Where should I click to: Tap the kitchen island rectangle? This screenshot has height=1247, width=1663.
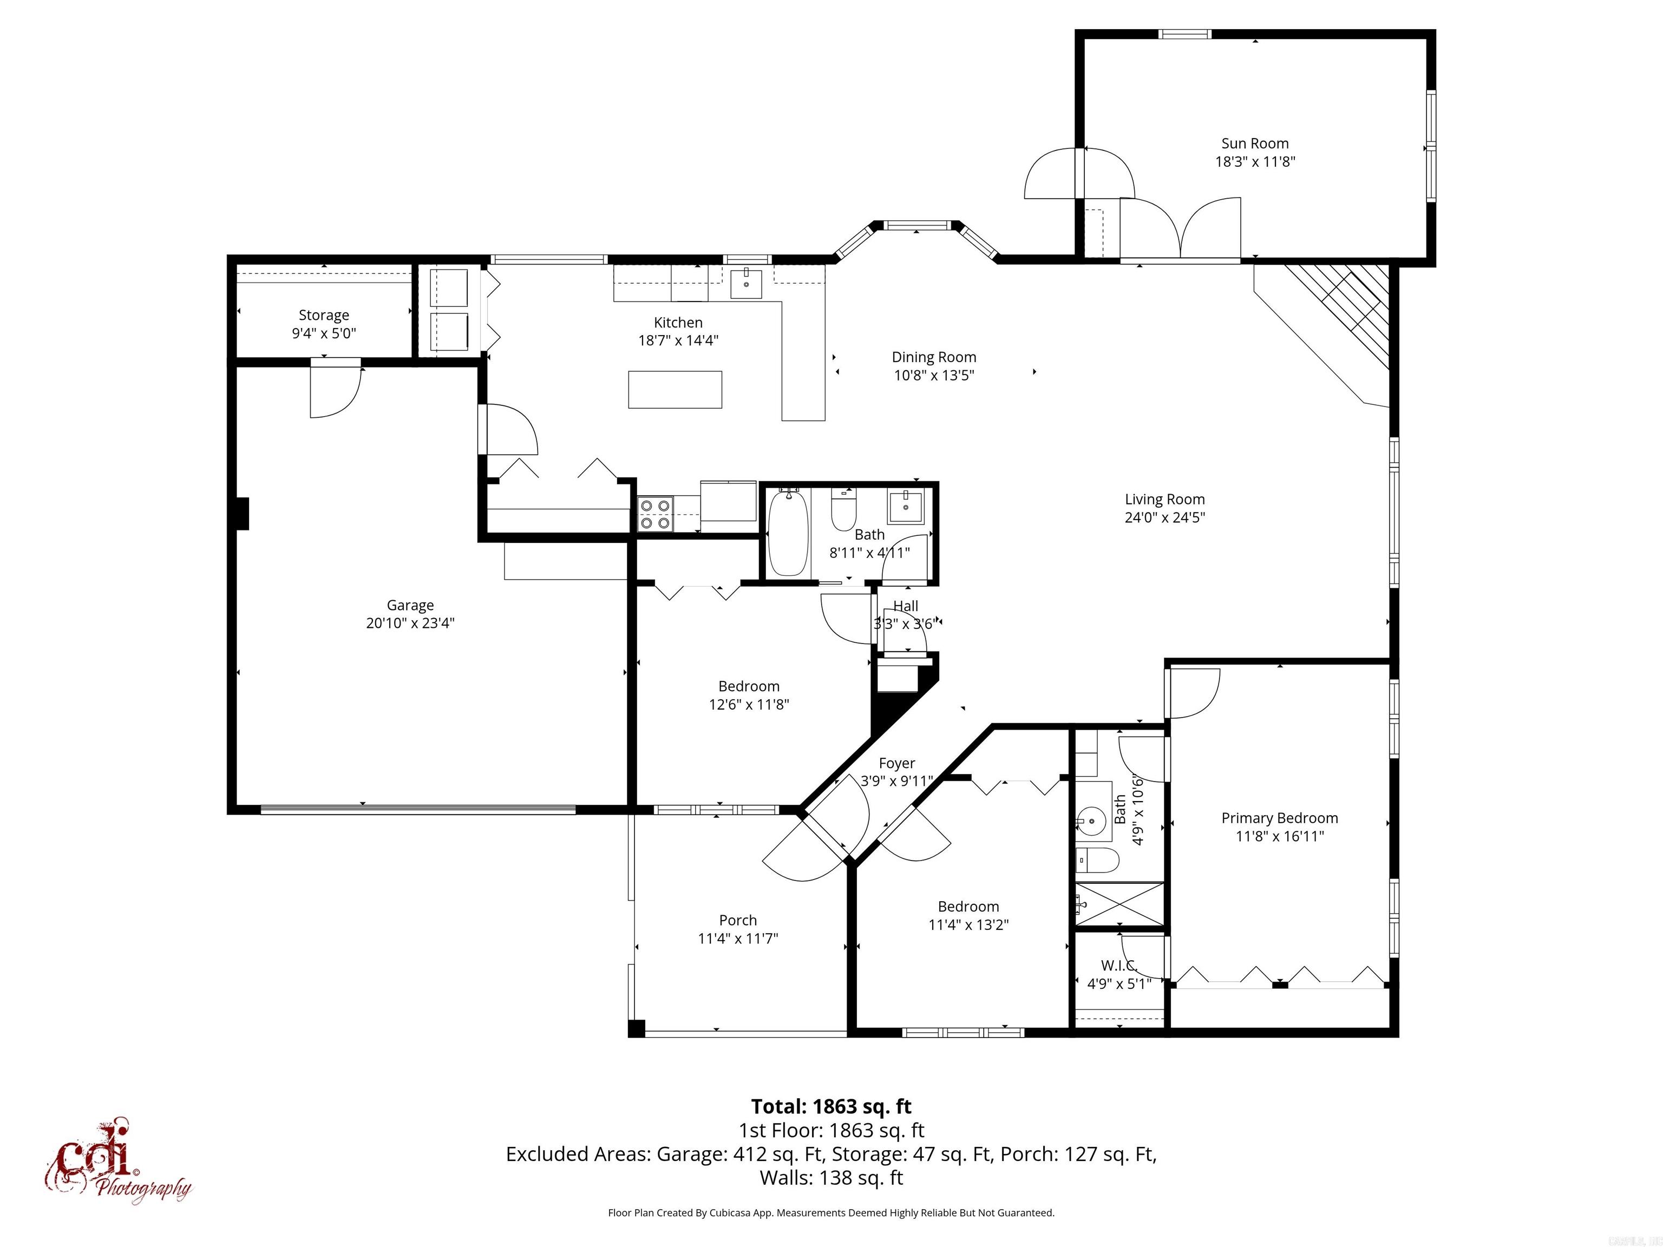(x=675, y=389)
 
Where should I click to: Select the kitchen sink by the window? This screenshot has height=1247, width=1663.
(x=747, y=284)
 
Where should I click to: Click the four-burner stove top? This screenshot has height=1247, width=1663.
(x=655, y=515)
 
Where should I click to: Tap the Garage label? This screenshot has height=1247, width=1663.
(x=410, y=605)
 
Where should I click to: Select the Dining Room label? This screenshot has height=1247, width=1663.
(x=934, y=358)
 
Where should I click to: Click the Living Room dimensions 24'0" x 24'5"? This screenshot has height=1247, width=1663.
(x=1164, y=517)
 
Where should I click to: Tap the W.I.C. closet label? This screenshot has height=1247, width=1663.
(x=1119, y=965)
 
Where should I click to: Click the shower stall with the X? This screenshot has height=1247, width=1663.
(x=1119, y=905)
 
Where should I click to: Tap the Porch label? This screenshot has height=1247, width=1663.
(x=737, y=920)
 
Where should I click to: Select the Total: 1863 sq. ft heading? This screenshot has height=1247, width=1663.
(x=831, y=1106)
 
